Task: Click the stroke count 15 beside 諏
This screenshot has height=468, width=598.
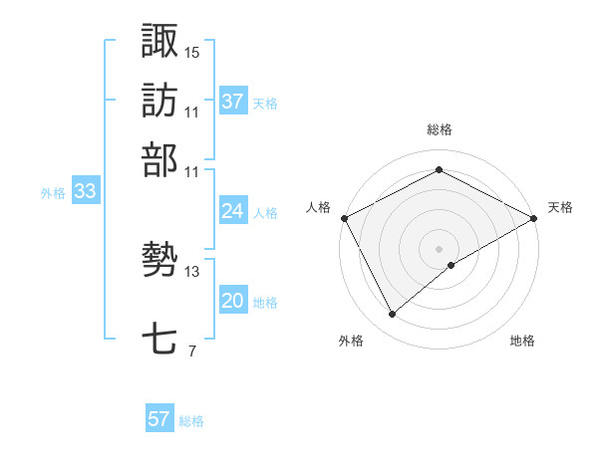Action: (x=192, y=52)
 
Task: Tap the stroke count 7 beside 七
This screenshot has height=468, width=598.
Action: (x=192, y=351)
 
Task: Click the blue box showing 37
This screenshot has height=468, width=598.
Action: (x=233, y=101)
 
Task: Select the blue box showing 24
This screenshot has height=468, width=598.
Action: (x=233, y=211)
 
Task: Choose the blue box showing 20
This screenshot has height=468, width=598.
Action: (x=233, y=301)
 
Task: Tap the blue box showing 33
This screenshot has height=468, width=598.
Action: (x=85, y=192)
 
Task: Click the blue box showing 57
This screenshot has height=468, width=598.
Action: (x=159, y=419)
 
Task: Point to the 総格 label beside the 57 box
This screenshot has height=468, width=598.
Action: (x=191, y=421)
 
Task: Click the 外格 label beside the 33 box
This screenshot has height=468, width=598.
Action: (x=53, y=193)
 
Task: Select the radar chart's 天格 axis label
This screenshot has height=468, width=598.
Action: (x=560, y=207)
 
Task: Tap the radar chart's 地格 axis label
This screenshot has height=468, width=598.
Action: (x=522, y=341)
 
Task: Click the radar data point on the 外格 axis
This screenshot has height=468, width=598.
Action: (x=393, y=315)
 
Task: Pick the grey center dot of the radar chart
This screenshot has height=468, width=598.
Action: (x=440, y=248)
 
